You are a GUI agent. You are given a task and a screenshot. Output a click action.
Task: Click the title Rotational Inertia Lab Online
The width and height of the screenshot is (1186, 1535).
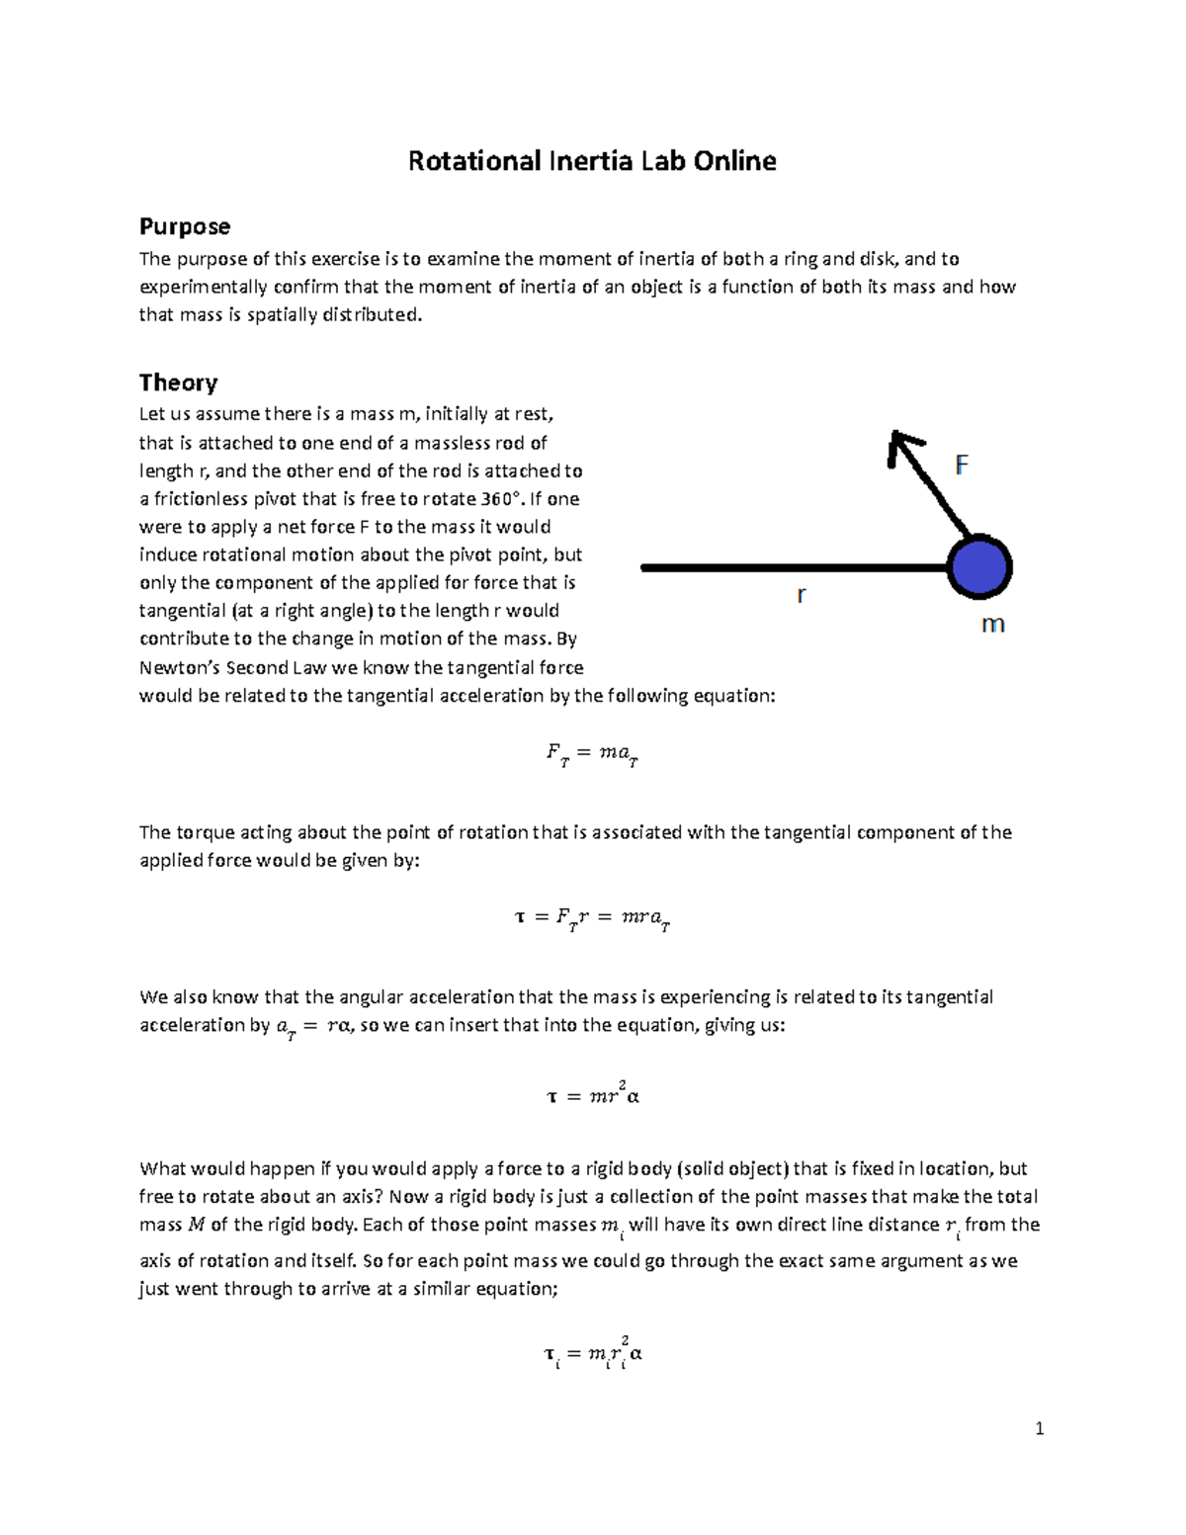coord(592,161)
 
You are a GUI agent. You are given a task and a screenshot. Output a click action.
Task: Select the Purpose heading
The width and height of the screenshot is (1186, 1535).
coord(185,226)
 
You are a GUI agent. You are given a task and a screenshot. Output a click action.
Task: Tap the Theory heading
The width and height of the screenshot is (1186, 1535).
coord(178,383)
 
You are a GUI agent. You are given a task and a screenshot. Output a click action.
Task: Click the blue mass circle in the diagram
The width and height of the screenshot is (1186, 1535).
coord(979,568)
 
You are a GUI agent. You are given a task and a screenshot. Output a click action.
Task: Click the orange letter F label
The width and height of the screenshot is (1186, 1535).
coord(961,465)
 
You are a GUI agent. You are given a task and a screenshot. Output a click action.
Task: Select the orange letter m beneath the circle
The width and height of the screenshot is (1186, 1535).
coord(991,625)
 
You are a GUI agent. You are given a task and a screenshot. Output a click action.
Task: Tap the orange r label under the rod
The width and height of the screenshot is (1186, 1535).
coord(802,595)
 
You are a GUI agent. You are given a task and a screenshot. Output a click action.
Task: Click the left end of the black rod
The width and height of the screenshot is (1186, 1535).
coord(645,567)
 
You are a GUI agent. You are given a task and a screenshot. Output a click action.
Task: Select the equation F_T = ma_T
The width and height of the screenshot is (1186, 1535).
coord(592,754)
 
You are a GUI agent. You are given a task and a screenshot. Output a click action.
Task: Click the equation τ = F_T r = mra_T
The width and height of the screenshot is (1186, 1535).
coord(592,919)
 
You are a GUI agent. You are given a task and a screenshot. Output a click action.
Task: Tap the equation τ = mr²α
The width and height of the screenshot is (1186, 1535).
coord(592,1094)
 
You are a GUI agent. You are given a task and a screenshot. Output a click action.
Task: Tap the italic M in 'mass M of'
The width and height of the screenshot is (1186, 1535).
coord(196,1226)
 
